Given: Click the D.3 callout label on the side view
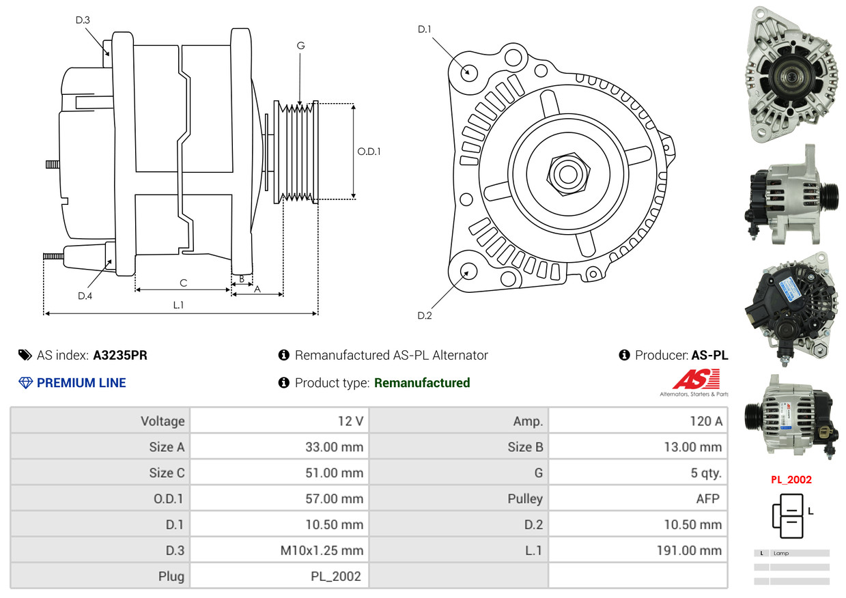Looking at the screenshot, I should click(x=83, y=20).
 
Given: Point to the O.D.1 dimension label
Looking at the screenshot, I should click(x=369, y=152).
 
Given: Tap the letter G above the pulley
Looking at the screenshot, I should click(x=300, y=46).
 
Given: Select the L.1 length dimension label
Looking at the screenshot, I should click(x=178, y=305).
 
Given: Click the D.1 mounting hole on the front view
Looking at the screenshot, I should click(x=468, y=72).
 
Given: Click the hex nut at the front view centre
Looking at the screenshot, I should click(x=567, y=172).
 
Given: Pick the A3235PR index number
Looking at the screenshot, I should click(x=120, y=355).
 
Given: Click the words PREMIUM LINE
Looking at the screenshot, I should click(x=81, y=383).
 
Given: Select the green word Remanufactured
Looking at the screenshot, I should click(x=422, y=383).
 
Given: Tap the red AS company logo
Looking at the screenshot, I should click(x=696, y=379).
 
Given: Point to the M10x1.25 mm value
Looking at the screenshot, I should click(x=322, y=550).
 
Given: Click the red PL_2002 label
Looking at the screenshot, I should click(x=791, y=480).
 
